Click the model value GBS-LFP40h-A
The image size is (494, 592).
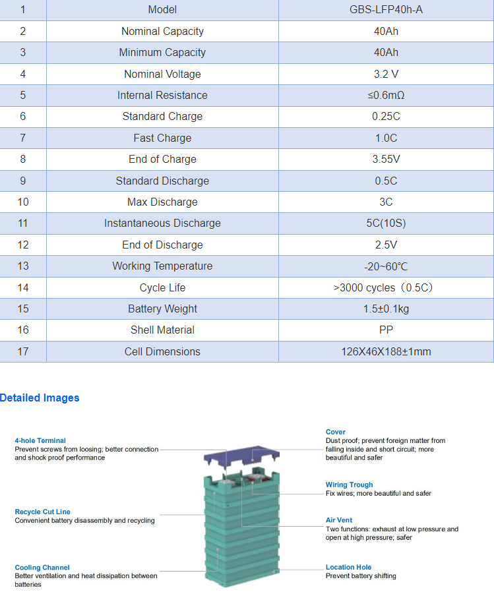[386, 10]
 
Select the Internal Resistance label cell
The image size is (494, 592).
[162, 95]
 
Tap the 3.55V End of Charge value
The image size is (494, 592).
[386, 159]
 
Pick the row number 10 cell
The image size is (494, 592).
[23, 202]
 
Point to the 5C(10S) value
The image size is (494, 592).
[386, 223]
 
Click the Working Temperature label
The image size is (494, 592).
[162, 266]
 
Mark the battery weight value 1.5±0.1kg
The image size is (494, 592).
[386, 309]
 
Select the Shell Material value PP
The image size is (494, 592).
[386, 330]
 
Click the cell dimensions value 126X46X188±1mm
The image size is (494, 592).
[386, 351]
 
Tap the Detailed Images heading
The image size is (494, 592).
[40, 398]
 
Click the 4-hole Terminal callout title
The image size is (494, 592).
[40, 440]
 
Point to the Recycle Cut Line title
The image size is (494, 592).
[42, 512]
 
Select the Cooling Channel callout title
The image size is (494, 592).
[42, 567]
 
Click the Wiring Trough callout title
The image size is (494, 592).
[349, 485]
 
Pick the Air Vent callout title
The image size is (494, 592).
[339, 520]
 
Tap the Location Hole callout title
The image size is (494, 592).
[348, 567]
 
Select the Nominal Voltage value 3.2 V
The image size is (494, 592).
[386, 74]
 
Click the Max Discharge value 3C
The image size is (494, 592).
[386, 202]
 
